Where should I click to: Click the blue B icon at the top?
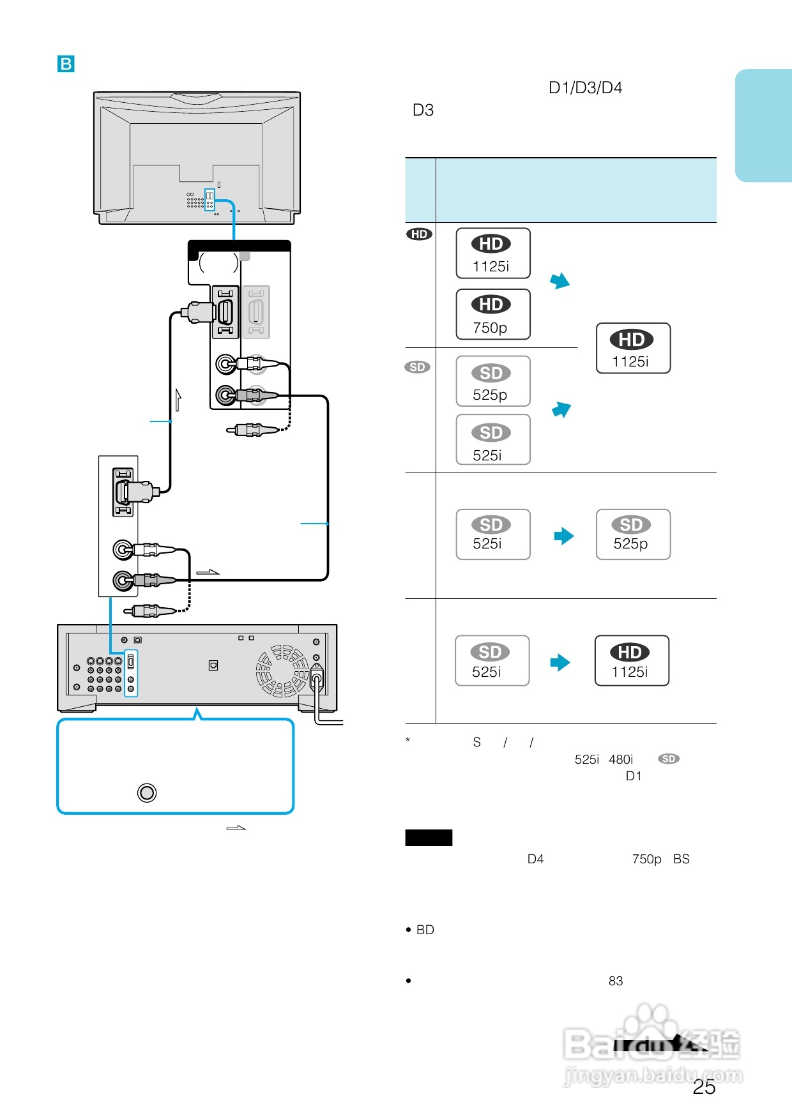point(66,64)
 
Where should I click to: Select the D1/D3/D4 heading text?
point(585,87)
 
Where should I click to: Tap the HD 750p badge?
point(492,314)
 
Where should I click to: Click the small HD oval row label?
point(419,234)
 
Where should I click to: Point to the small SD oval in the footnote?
point(669,759)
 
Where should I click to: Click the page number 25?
point(704,1087)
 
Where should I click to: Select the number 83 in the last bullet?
point(615,981)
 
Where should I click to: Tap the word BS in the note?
point(681,859)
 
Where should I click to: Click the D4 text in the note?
point(535,859)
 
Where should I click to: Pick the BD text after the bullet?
point(425,930)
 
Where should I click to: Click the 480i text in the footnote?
point(620,759)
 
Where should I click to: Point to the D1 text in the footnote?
point(633,776)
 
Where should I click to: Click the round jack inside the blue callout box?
point(147,792)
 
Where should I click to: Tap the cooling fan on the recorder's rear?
point(282,671)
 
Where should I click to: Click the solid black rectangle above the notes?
point(429,838)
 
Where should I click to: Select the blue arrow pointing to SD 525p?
point(563,536)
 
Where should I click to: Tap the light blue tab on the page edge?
point(763,125)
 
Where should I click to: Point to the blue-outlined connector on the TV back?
point(209,200)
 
